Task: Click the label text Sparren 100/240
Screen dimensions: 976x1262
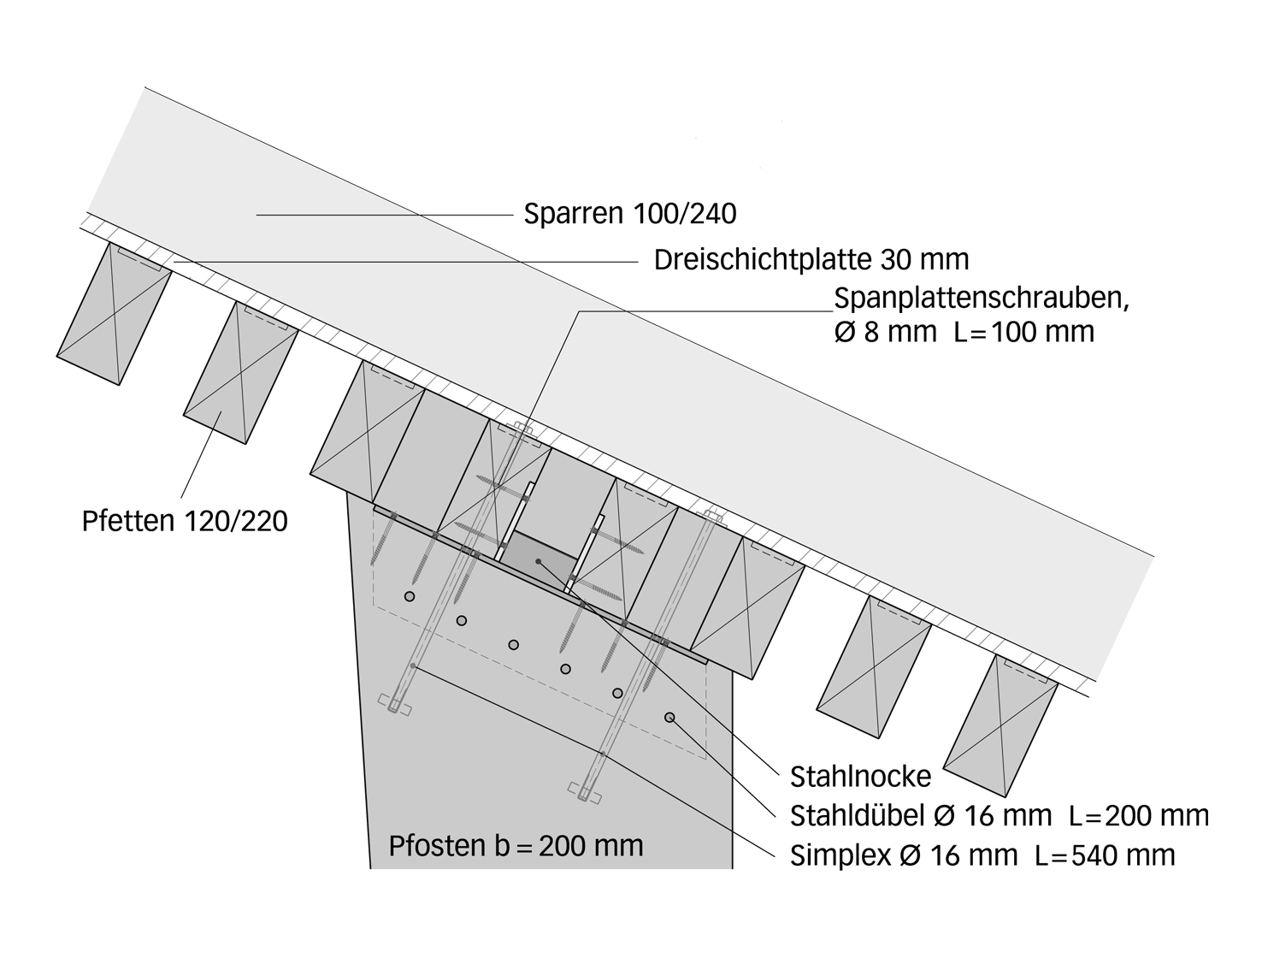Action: pos(630,213)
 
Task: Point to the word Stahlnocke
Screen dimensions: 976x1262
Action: pos(860,777)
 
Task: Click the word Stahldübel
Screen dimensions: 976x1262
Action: pos(857,816)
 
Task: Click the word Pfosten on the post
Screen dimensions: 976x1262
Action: pos(437,846)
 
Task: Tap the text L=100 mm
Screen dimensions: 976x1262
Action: pos(1024,331)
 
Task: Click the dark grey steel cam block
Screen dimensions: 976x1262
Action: pos(538,561)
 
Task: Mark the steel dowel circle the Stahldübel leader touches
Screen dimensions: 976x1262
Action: pos(669,717)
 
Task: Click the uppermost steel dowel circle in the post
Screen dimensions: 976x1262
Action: pos(410,595)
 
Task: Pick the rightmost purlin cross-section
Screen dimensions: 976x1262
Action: pos(1000,725)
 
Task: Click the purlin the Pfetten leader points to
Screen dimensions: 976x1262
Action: pos(240,373)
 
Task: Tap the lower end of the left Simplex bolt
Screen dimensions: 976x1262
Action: pos(393,707)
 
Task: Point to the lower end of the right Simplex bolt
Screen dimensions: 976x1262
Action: pos(584,793)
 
